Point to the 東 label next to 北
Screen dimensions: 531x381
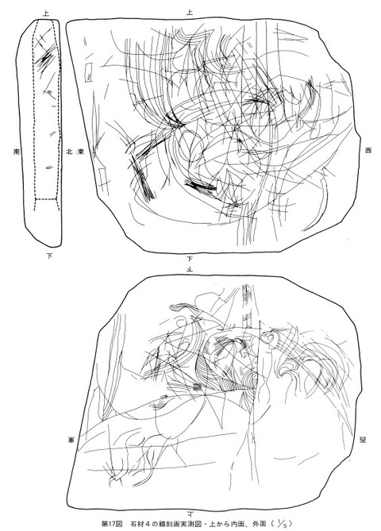click(x=81, y=150)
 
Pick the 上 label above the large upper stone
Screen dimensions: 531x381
click(x=189, y=13)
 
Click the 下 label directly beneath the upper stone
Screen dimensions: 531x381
click(x=190, y=259)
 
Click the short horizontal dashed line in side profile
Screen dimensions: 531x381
click(x=48, y=198)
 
